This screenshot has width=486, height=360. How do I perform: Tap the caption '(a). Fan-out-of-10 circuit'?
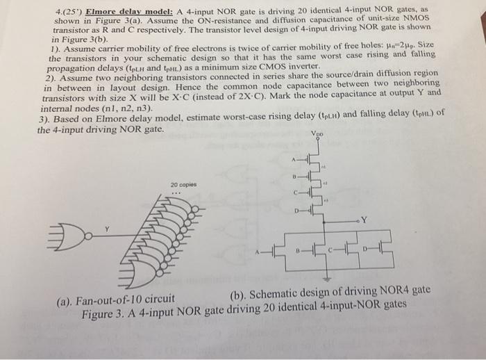[115, 300]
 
